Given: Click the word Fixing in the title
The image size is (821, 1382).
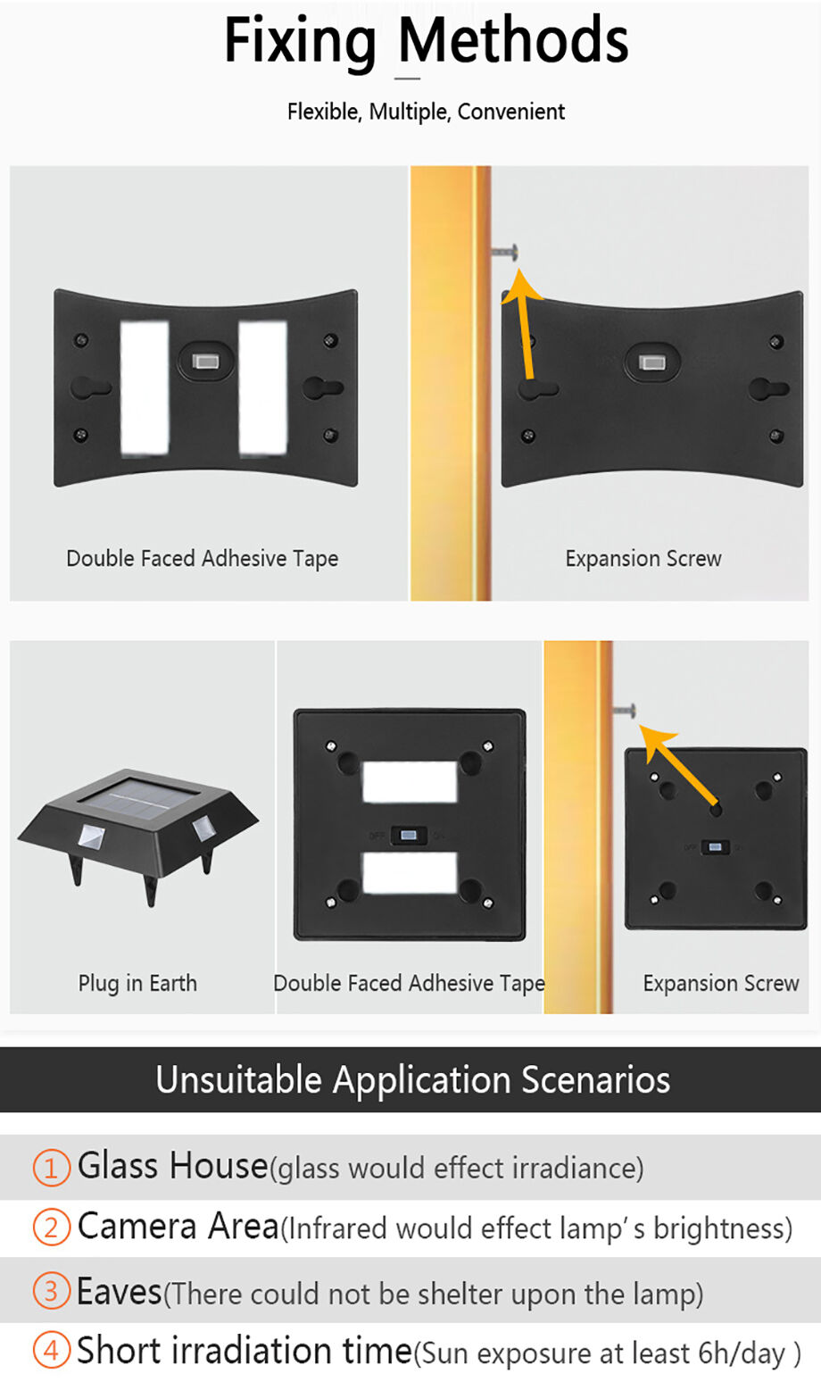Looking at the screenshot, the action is click(300, 41).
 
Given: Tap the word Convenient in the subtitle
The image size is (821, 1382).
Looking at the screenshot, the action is click(510, 112).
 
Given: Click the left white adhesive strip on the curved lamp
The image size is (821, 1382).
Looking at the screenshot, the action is click(145, 388).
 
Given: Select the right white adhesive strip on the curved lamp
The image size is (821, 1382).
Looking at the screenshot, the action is click(262, 388).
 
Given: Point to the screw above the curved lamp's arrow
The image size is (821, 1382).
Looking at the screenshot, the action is click(504, 252).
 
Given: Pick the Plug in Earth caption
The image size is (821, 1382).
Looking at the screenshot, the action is click(137, 983).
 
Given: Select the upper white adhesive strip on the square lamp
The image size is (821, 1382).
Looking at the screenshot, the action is click(410, 782).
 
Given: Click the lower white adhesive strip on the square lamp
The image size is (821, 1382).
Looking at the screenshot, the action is click(410, 872).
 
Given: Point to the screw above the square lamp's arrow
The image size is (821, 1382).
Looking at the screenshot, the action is click(624, 711).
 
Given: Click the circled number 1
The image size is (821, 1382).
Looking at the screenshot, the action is click(51, 1167).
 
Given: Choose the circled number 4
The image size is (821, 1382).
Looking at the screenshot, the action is click(51, 1351).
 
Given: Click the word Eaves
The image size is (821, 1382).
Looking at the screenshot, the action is click(119, 1292).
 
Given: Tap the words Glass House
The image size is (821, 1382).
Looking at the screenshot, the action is click(173, 1166).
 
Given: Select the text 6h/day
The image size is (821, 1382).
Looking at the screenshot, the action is click(742, 1354).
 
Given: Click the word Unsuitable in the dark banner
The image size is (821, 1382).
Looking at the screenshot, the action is click(238, 1080).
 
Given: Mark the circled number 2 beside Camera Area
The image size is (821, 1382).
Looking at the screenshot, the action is click(51, 1228).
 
